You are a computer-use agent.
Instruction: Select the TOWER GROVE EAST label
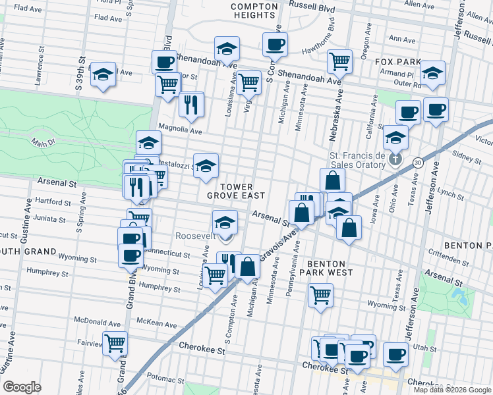click(235, 191)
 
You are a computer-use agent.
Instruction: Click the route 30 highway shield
click(419, 161)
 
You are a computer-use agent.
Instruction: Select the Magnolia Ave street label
click(179, 130)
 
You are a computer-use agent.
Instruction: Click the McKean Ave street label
click(158, 324)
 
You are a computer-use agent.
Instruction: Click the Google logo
click(22, 387)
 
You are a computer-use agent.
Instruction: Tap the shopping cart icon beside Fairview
click(115, 342)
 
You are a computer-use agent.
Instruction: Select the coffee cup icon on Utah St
click(395, 354)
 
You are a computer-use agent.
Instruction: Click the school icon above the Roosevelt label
click(225, 221)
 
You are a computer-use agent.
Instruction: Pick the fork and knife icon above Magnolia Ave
click(191, 104)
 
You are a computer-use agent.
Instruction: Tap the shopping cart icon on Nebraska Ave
click(339, 61)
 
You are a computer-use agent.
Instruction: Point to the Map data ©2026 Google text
click(451, 390)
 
